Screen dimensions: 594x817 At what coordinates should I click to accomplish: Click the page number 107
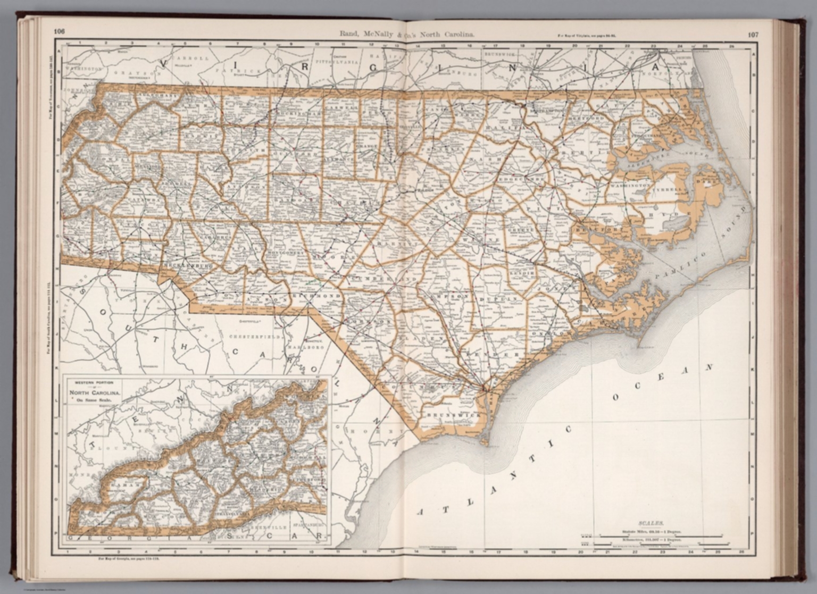[753, 35]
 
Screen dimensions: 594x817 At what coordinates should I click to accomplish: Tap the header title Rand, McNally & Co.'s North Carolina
[407, 34]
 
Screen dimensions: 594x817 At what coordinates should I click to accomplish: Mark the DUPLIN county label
[498, 300]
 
